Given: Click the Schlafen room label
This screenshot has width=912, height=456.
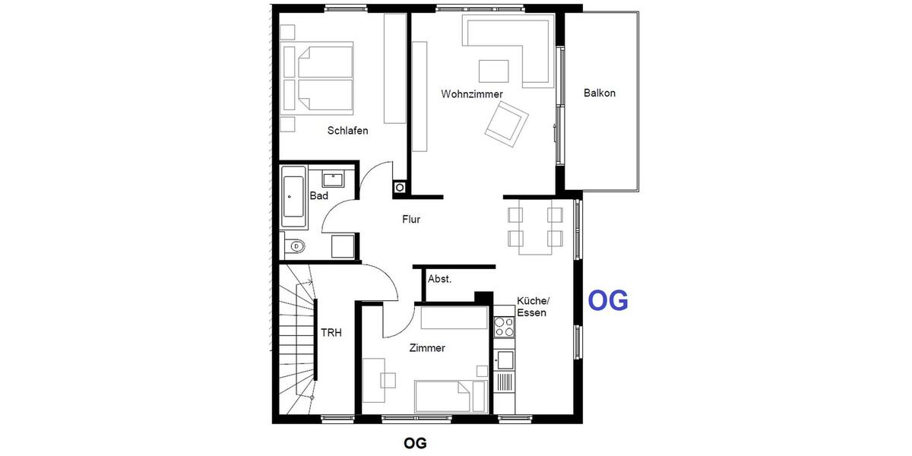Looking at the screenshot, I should [347, 131].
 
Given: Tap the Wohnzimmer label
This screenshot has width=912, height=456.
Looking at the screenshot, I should [472, 94].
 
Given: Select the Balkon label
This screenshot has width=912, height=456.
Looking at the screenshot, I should [600, 93].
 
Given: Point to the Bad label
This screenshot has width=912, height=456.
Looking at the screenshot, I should [319, 196].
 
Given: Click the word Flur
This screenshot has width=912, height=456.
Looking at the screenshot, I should [411, 220].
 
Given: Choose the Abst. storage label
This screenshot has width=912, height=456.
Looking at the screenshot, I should [439, 279].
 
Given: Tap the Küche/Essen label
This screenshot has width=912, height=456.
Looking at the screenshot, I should [531, 306].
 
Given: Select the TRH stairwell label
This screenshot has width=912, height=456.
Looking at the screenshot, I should [331, 333].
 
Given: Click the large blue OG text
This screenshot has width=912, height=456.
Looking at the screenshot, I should [608, 302].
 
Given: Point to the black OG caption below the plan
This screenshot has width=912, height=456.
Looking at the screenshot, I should [415, 442].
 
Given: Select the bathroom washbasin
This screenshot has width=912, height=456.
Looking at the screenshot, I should [332, 180].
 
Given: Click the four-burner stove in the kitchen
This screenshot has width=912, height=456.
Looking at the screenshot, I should [504, 327].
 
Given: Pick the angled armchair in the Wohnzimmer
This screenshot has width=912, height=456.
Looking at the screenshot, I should [507, 122].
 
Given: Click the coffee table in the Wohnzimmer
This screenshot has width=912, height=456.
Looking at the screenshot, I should [494, 71].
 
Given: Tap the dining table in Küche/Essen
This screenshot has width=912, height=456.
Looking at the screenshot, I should [535, 226].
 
